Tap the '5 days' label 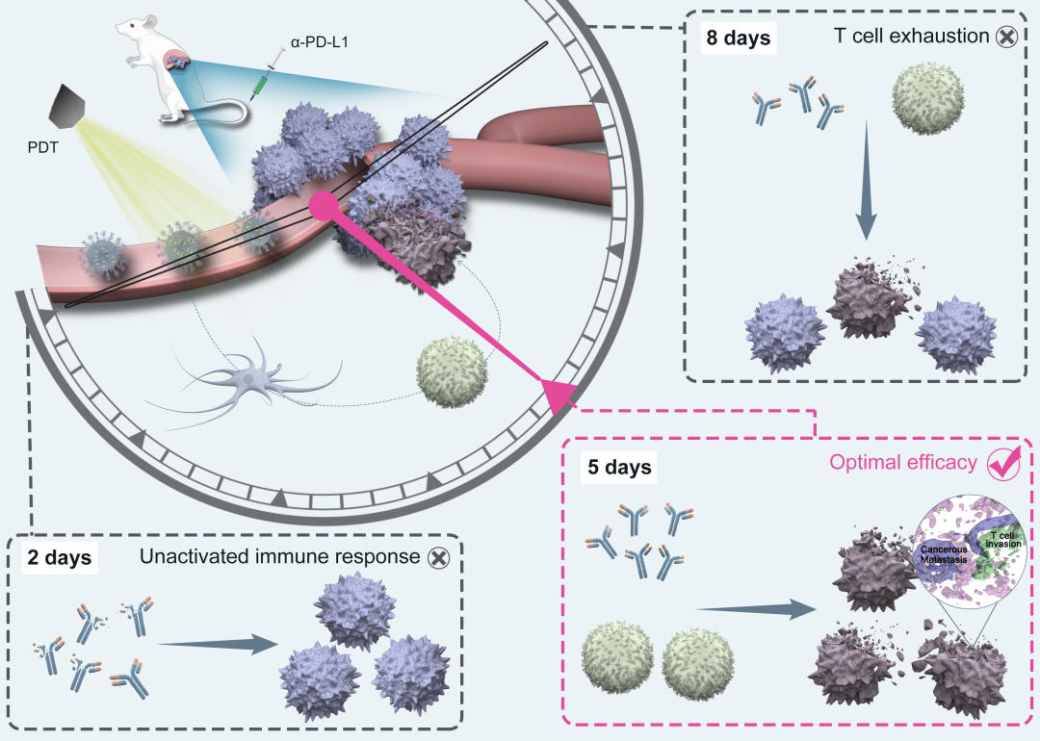(x=620, y=469)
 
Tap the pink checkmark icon (x=1003, y=463)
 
